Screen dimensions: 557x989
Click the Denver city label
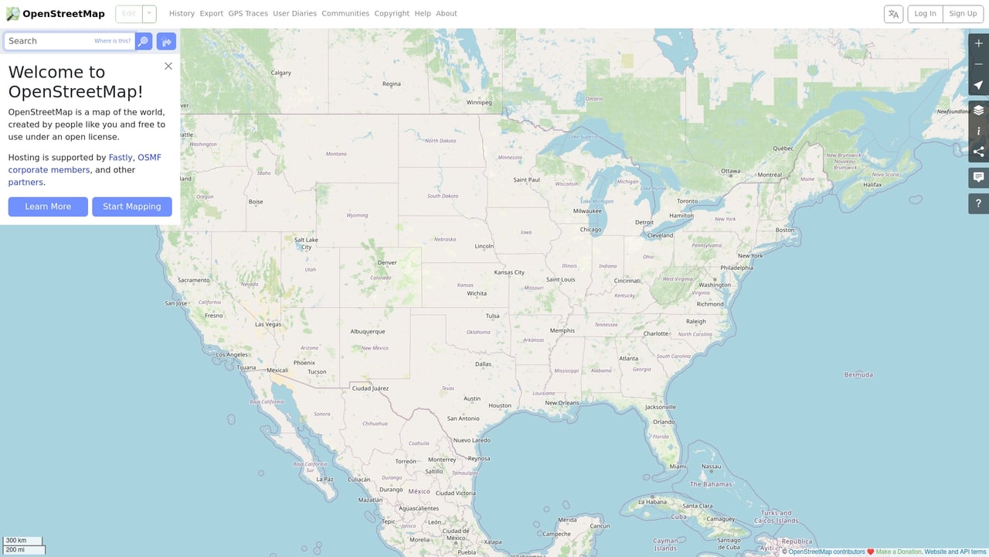coord(387,262)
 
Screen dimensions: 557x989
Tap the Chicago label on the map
coord(590,230)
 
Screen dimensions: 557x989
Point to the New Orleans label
coord(562,403)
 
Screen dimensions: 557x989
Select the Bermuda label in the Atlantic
coord(858,375)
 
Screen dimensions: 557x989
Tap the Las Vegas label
coord(268,324)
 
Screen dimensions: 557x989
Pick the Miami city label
coord(678,466)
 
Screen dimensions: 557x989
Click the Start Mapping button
coord(132,207)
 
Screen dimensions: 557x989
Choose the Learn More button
coord(48,207)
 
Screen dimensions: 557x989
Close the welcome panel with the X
coord(168,66)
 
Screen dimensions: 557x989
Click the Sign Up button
coord(963,13)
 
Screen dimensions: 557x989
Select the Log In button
coord(925,13)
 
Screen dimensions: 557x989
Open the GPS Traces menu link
coord(248,13)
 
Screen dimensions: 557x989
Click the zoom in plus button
coord(978,43)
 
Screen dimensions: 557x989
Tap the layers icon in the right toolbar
coord(978,110)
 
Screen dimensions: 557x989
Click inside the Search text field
coord(50,41)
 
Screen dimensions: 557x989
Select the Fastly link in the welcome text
coord(121,157)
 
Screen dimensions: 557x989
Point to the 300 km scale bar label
coord(16,540)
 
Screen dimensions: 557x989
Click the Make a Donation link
coord(899,552)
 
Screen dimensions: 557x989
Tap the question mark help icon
coord(978,203)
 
